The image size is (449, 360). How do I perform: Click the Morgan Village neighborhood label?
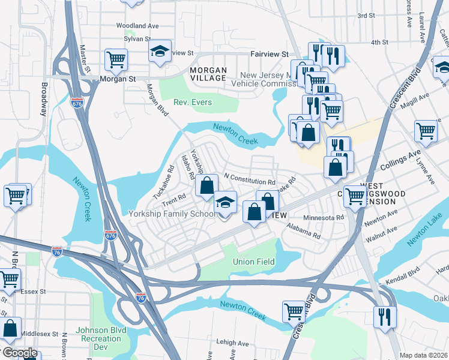point(208,74)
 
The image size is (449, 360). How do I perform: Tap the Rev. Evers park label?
point(193,103)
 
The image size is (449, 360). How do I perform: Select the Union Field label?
point(254,262)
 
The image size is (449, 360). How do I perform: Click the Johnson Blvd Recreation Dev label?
point(98,335)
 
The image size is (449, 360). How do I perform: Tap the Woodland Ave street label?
point(137,26)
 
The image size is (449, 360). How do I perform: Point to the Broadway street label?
point(44,98)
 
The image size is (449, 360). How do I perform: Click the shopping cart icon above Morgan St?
point(116,59)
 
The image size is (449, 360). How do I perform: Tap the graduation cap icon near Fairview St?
point(160,50)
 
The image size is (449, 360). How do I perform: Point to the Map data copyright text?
point(424,355)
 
